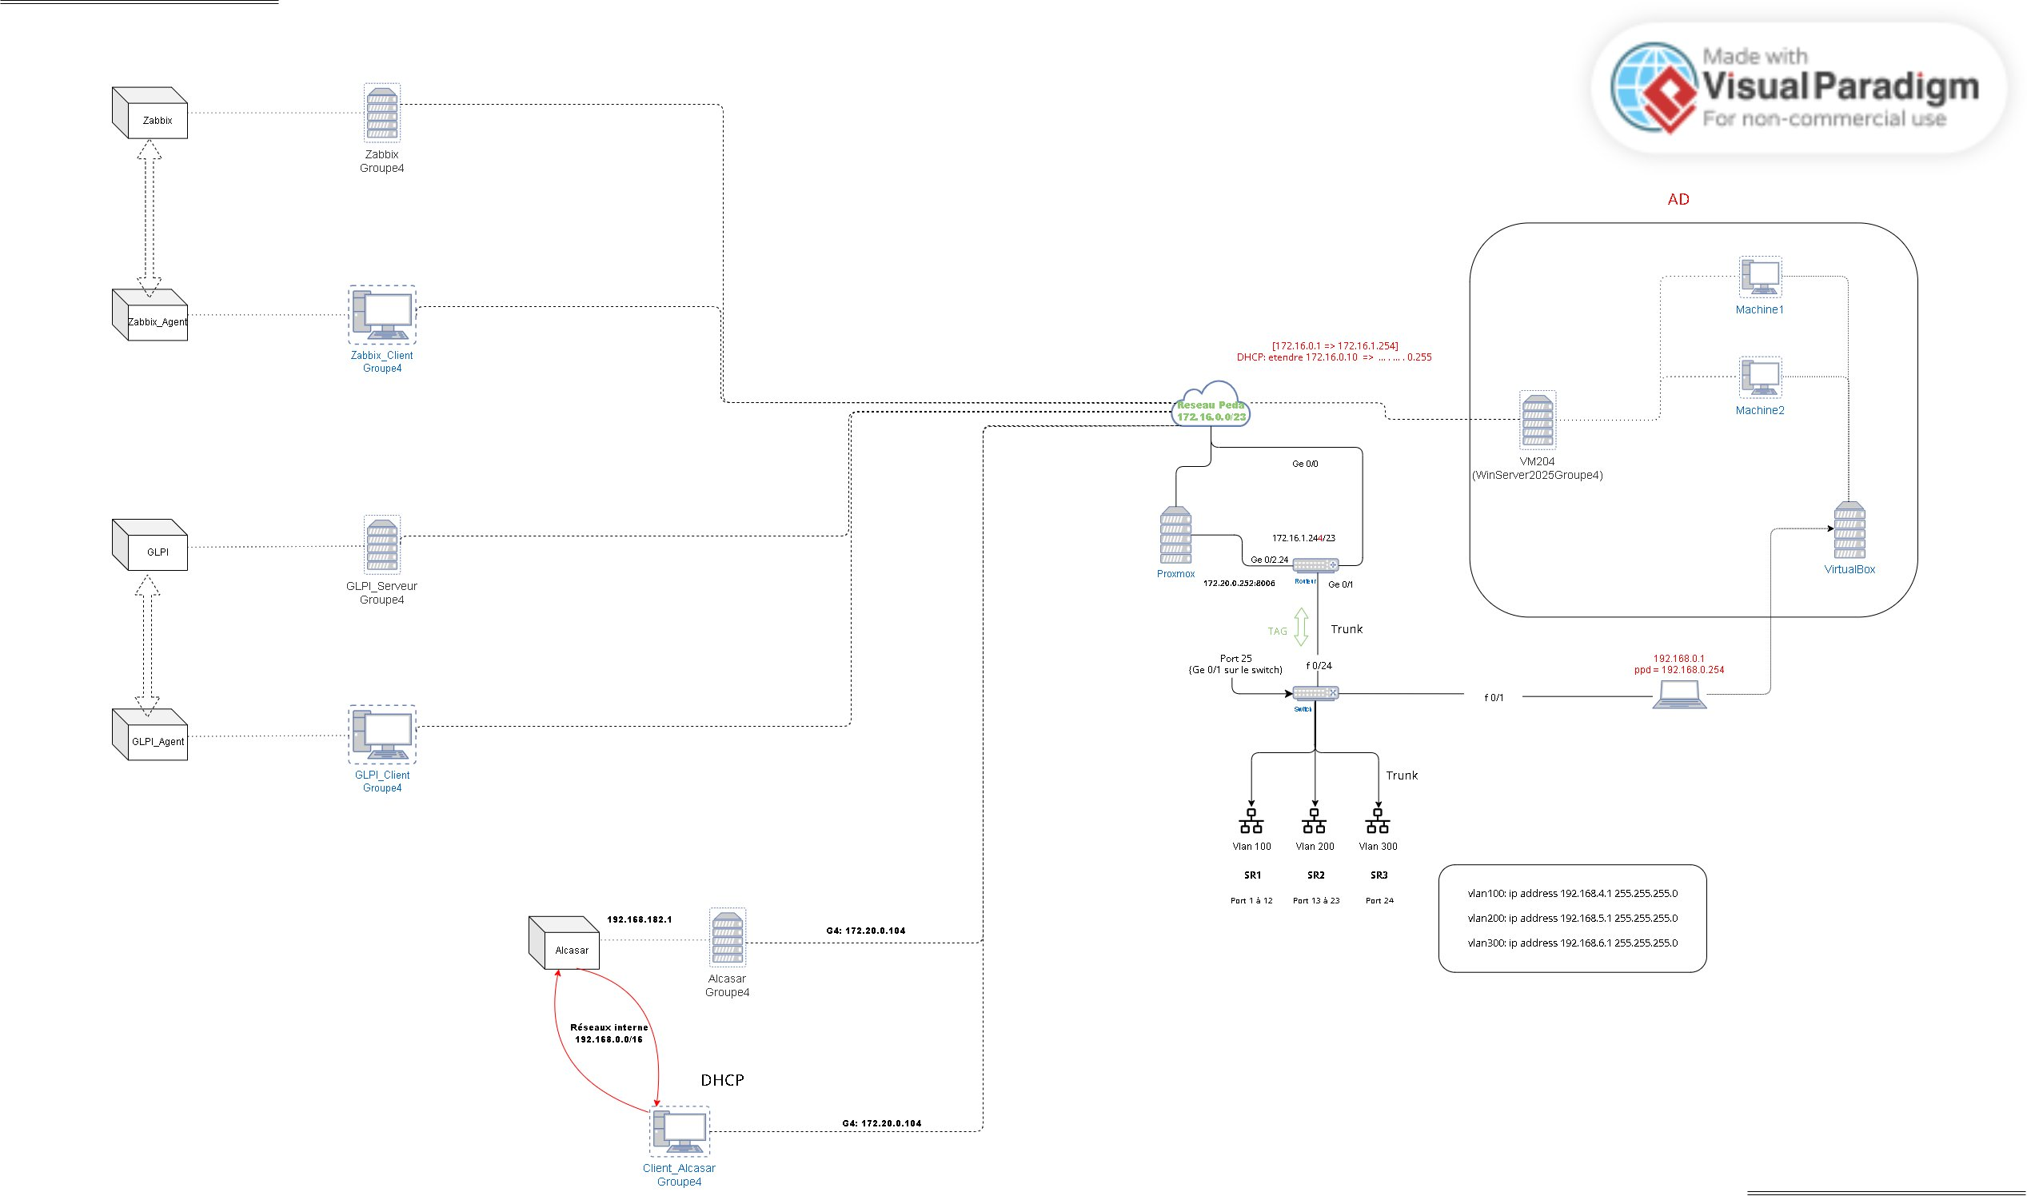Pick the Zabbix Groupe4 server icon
382,113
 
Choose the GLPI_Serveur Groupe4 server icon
382,544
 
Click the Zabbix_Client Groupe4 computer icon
383,314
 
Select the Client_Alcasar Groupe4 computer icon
680,1131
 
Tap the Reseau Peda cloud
1211,405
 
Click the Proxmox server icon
1176,535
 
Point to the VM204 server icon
1538,420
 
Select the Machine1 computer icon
1760,277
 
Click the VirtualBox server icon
1849,530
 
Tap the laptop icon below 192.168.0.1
1680,695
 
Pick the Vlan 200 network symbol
1315,822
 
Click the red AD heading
1678,199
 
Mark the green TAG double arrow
1301,627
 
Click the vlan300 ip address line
1573,943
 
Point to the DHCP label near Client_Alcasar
722,1080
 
